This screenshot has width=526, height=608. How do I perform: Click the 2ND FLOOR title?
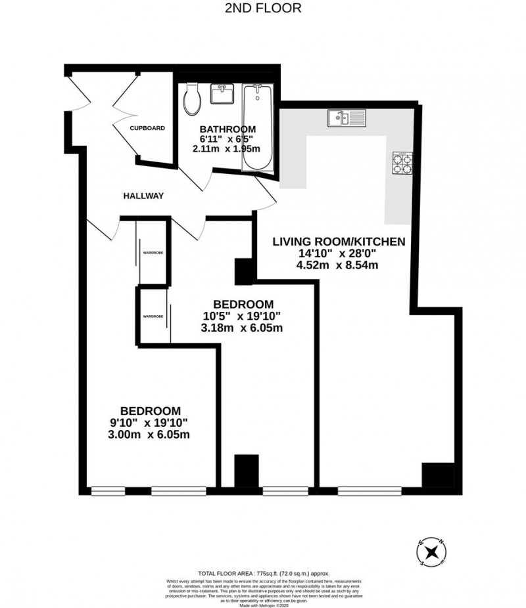point(263,9)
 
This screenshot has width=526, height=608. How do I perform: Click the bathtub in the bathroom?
point(258,128)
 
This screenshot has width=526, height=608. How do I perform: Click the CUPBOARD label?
point(147,128)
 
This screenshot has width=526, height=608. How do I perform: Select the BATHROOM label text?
point(228,129)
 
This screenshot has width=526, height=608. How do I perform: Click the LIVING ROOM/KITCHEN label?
point(339,242)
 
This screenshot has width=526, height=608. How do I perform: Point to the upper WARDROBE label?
point(153,252)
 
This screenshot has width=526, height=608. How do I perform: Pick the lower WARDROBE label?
point(153,316)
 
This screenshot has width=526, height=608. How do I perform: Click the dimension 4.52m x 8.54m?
point(339,265)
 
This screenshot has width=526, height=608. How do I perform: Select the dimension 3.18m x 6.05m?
point(243,328)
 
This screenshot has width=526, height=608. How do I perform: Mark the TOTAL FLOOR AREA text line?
point(264,573)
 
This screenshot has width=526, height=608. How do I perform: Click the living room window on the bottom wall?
point(370,489)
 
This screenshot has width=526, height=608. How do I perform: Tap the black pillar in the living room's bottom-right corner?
point(437,474)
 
